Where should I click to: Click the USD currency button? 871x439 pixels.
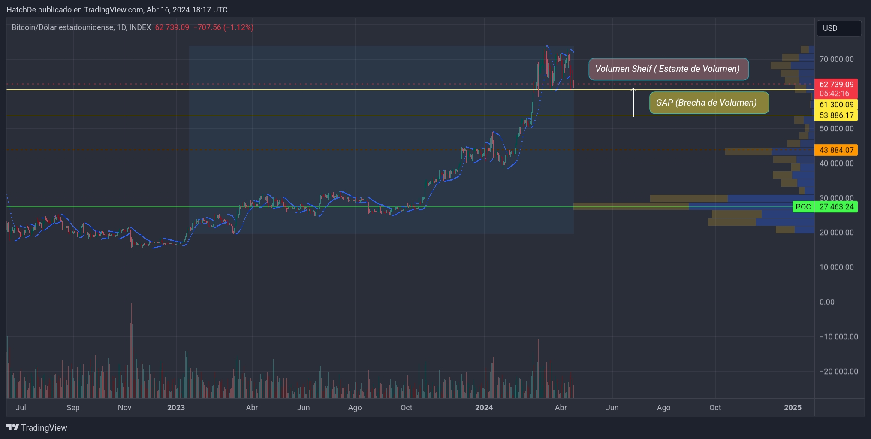coord(838,28)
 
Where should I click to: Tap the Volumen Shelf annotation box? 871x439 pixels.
coord(668,69)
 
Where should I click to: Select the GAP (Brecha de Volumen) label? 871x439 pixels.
coord(708,103)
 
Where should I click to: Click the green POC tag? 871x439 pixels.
coord(803,207)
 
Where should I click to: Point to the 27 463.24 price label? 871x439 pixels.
coord(836,207)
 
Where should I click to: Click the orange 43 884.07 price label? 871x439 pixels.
coord(836,150)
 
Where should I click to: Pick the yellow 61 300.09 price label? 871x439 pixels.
coord(836,105)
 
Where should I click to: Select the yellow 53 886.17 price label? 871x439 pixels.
coord(836,115)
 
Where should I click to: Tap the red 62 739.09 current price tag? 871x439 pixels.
coord(836,85)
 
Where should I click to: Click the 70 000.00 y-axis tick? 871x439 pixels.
coord(836,59)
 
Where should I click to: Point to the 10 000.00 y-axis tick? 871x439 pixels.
coord(836,267)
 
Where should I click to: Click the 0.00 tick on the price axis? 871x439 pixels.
coord(827,302)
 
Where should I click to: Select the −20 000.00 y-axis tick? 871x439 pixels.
coord(838,372)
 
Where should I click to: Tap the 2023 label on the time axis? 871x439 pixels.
coord(176,408)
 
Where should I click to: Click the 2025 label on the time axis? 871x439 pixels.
coord(793,408)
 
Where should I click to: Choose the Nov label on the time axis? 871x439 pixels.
coord(124,408)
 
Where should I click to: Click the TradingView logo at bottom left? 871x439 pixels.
coord(37,428)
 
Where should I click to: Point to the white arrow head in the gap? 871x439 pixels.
coord(633,89)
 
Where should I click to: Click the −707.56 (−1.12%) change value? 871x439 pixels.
coord(223,27)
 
